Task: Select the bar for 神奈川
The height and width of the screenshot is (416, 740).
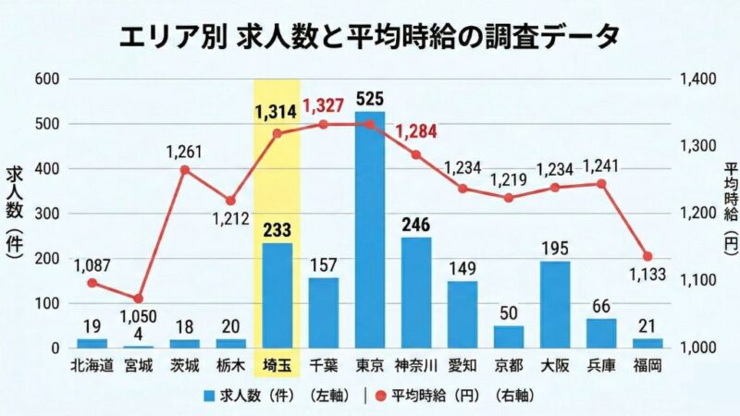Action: click(x=416, y=292)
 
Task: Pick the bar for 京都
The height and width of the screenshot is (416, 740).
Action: click(x=509, y=336)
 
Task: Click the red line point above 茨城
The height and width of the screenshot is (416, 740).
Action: click(x=185, y=169)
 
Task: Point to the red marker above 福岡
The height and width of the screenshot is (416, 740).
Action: click(x=647, y=256)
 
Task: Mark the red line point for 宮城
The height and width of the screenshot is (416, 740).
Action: click(x=139, y=299)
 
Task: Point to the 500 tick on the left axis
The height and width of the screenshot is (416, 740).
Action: click(x=47, y=124)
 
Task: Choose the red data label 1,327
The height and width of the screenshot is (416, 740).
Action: click(x=323, y=104)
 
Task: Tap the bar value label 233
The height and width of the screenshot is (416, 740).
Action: click(x=277, y=231)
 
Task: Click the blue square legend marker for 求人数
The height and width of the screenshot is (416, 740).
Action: click(x=210, y=394)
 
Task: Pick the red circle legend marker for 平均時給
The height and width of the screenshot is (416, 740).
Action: click(x=380, y=394)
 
